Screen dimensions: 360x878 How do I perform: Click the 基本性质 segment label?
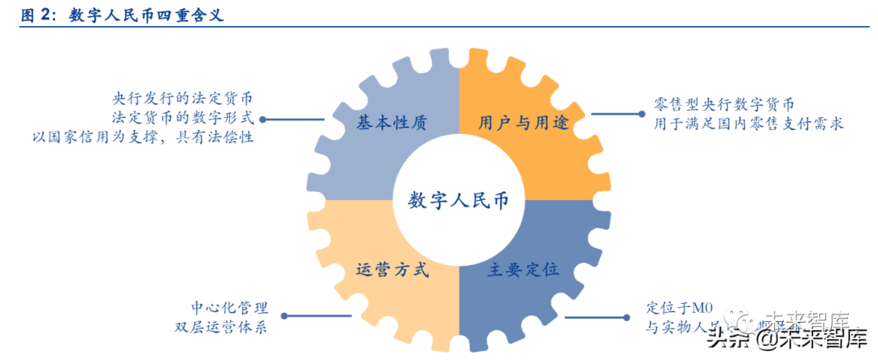click(x=392, y=124)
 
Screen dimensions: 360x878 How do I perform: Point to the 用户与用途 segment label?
click(x=523, y=124)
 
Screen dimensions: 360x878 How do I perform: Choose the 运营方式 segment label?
click(x=392, y=270)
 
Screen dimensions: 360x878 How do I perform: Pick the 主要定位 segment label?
click(x=523, y=270)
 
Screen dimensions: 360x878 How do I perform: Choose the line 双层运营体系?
click(x=219, y=327)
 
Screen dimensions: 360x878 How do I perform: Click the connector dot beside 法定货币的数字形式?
click(x=263, y=119)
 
